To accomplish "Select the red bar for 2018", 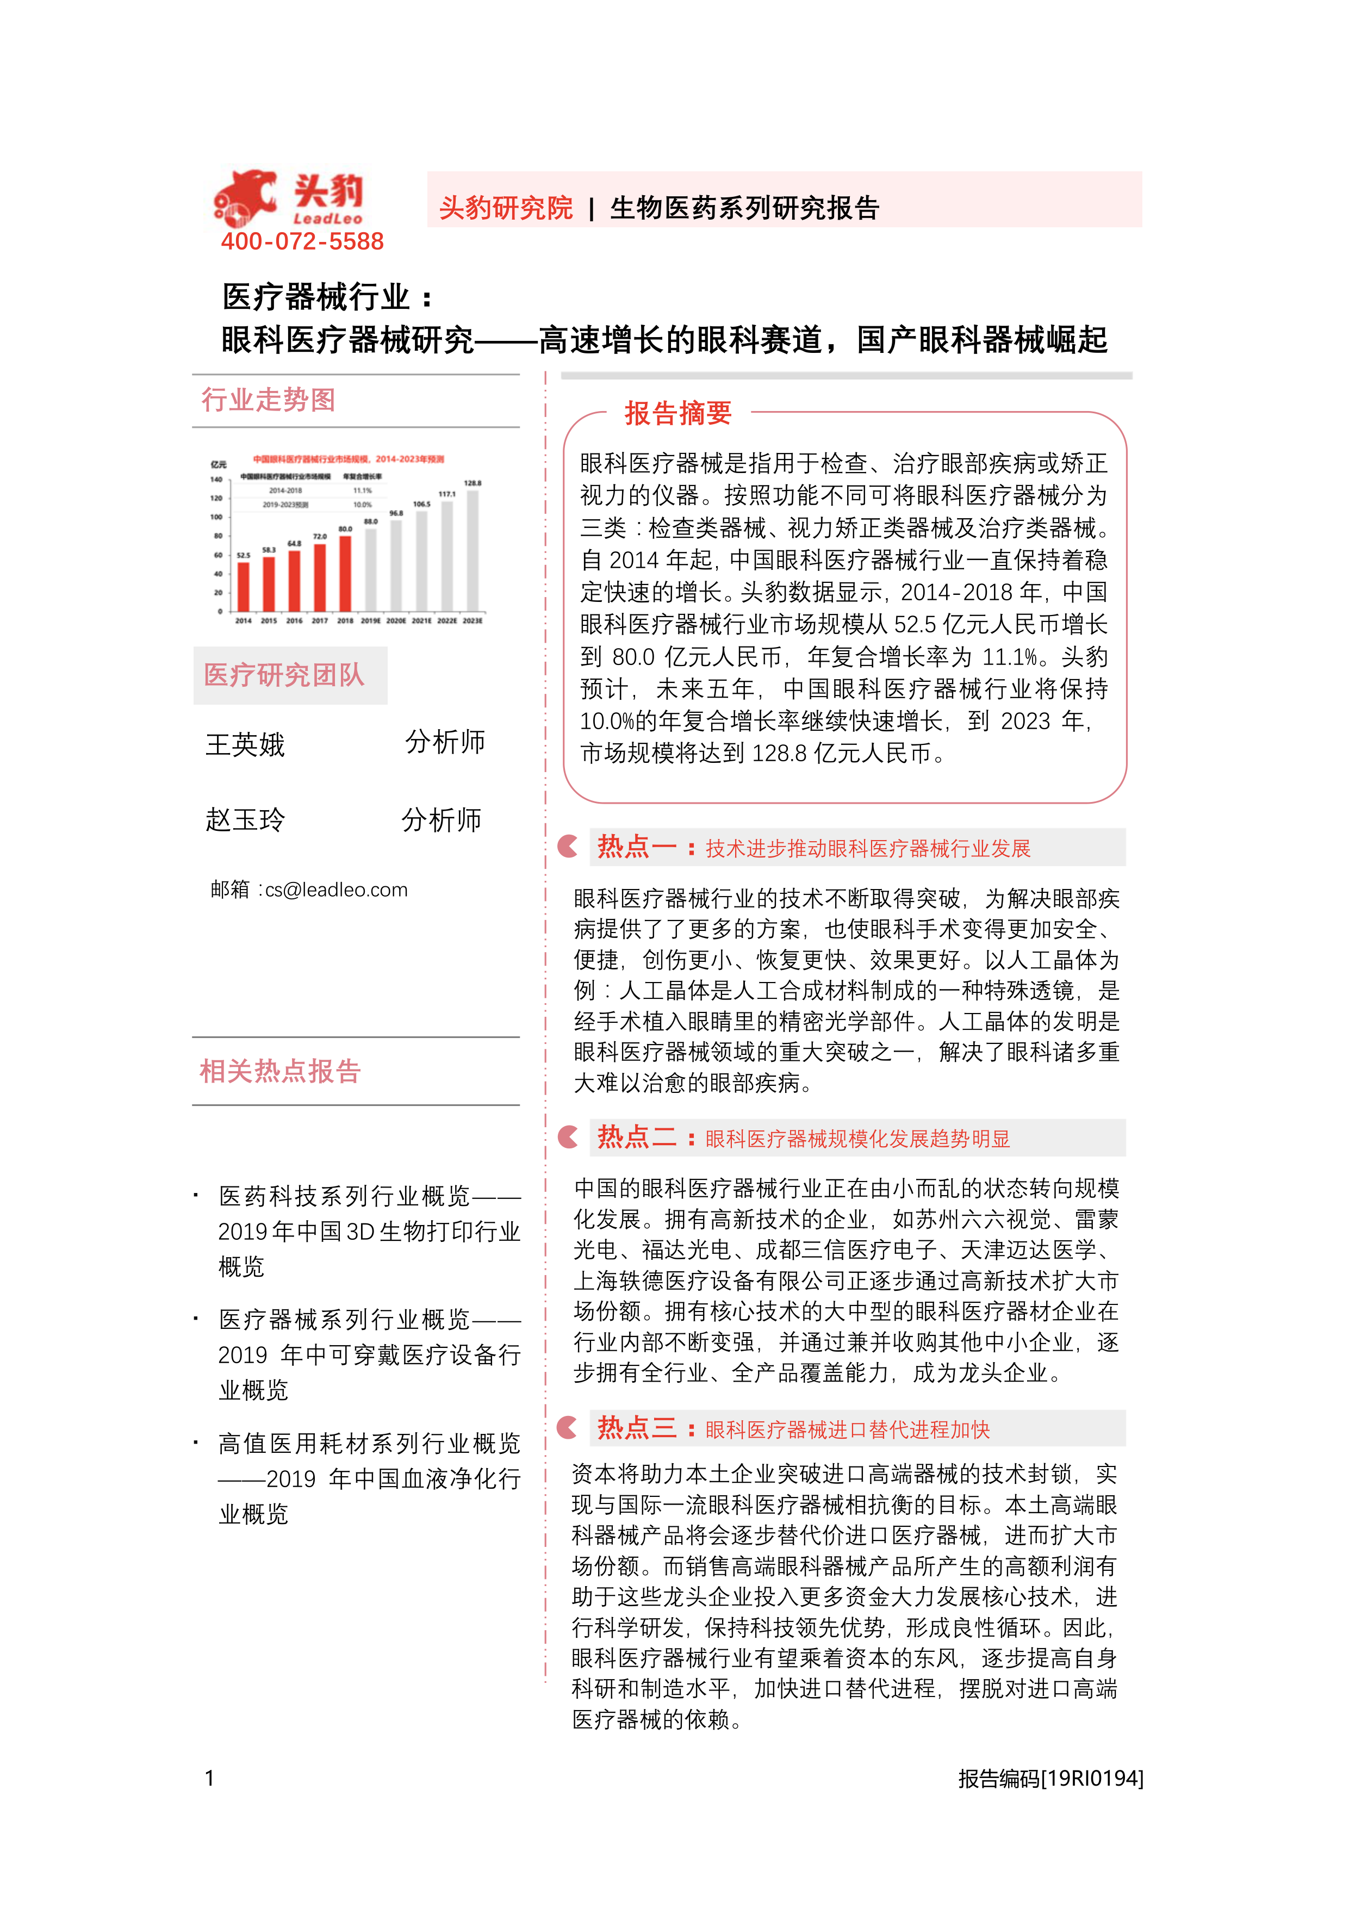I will (x=345, y=574).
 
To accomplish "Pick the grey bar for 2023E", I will (x=473, y=550).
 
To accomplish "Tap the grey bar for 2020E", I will (x=396, y=566).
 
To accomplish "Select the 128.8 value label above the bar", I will (x=473, y=483).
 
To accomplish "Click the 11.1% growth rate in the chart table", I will (x=362, y=490).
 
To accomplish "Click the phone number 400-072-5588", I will (x=302, y=242).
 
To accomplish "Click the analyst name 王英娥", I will (x=245, y=744).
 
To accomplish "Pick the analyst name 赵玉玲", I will (x=245, y=820).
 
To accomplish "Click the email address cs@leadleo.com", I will (x=336, y=890).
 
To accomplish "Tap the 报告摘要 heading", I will (x=677, y=413).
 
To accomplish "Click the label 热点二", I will (x=637, y=1137).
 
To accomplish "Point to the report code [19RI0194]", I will (x=1092, y=1779).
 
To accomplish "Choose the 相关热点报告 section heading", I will (x=280, y=1071).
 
